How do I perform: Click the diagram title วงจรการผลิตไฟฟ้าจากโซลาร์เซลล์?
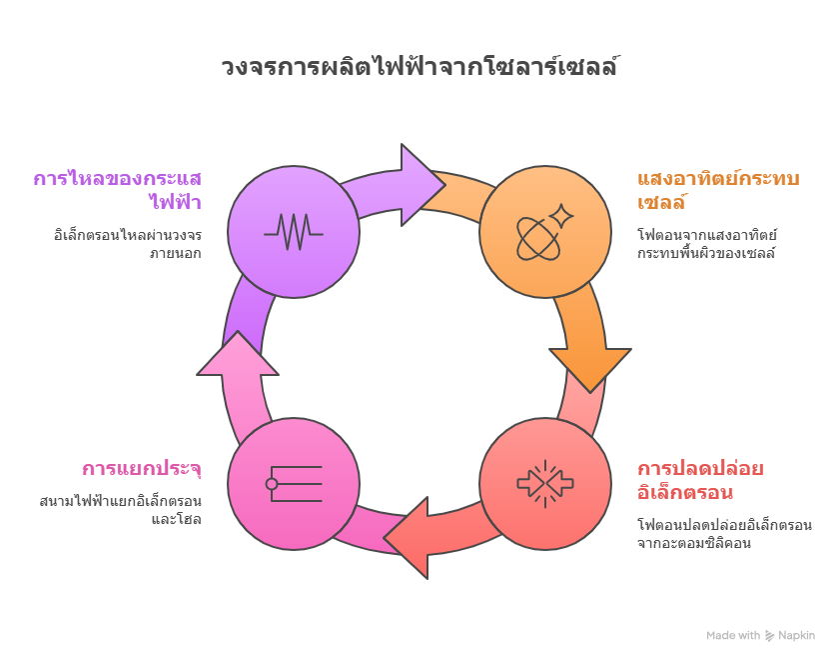click(419, 66)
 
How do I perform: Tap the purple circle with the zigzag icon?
click(294, 232)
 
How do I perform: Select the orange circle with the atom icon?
click(545, 232)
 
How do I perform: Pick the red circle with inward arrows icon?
click(545, 484)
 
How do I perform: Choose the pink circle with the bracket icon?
click(294, 484)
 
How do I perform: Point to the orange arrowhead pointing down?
click(590, 371)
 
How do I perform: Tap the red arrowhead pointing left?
click(407, 538)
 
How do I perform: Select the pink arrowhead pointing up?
click(238, 353)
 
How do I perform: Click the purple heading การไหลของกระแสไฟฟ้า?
click(117, 190)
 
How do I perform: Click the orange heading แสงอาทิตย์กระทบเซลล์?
click(718, 190)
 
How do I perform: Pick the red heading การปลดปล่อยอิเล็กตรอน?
click(700, 480)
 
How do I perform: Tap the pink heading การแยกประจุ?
click(142, 469)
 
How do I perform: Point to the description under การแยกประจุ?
click(121, 510)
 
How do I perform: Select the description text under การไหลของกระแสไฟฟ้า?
click(128, 244)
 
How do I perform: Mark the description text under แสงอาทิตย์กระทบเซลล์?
click(707, 244)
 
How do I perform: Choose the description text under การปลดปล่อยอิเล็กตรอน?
click(724, 533)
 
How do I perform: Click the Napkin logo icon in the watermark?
click(769, 636)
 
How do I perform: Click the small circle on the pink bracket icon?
click(272, 484)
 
